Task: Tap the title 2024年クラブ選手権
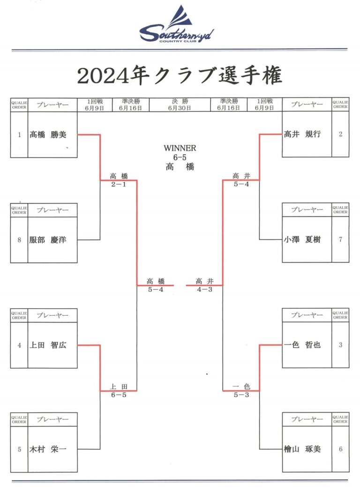tap(180, 75)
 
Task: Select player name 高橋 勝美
tap(48, 135)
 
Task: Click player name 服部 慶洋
tap(48, 240)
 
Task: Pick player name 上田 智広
tap(48, 345)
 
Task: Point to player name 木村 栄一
tap(48, 449)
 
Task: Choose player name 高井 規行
tap(302, 134)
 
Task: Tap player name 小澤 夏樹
tap(302, 240)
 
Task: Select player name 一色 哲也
tap(302, 345)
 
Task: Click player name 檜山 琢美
tap(302, 449)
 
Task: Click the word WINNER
tap(180, 148)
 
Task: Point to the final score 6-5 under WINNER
tap(180, 157)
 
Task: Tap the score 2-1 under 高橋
tap(119, 185)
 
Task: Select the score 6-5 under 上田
tap(119, 395)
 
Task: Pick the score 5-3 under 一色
tap(241, 395)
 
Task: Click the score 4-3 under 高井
tap(205, 290)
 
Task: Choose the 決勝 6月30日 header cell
tap(180, 104)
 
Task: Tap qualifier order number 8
tap(19, 240)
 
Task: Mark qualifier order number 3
tap(340, 345)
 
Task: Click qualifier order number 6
tap(340, 449)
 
